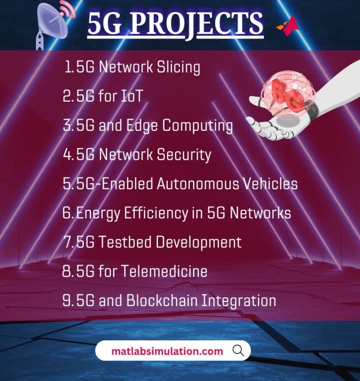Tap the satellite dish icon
pyautogui.click(x=53, y=21)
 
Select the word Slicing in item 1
pyautogui.click(x=176, y=67)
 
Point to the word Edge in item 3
pyautogui.click(x=142, y=125)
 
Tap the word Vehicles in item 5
pyautogui.click(x=270, y=184)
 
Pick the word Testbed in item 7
pyautogui.click(x=124, y=242)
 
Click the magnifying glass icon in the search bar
pyautogui.click(x=238, y=351)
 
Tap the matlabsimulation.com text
pyautogui.click(x=167, y=351)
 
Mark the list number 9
pyautogui.click(x=67, y=301)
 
